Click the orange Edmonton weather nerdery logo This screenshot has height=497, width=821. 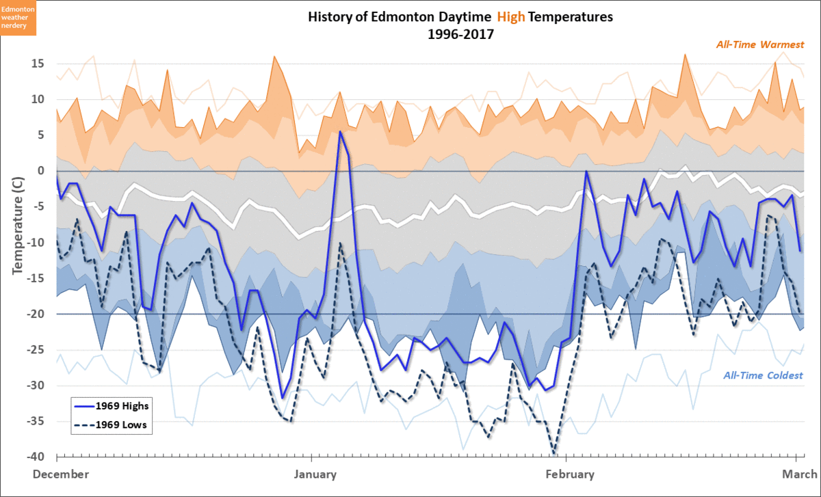(x=18, y=18)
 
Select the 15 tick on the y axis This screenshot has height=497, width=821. (x=38, y=64)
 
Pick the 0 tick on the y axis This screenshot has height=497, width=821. (x=42, y=171)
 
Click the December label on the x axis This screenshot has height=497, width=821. (x=61, y=474)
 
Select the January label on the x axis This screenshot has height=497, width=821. (x=315, y=474)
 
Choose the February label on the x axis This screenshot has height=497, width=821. (x=569, y=474)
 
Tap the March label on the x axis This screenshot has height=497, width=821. (x=800, y=474)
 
